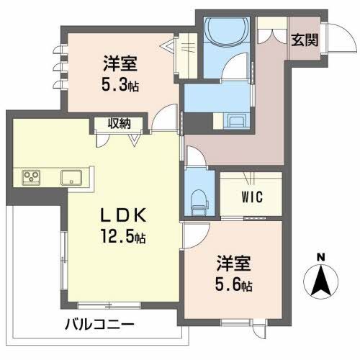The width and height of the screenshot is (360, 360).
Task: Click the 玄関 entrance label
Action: click(303, 40)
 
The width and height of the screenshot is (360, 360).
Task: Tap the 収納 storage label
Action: click(120, 123)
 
